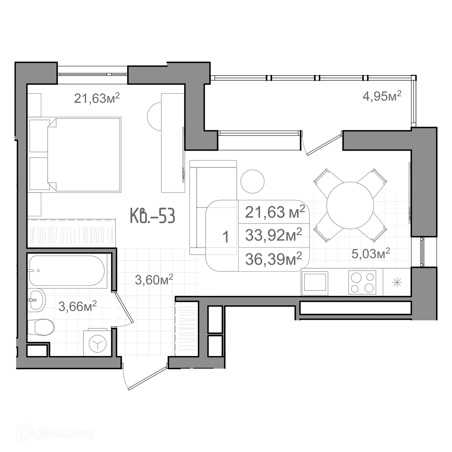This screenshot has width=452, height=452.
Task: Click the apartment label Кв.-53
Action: tap(153, 216)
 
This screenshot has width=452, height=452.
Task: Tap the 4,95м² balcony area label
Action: tap(382, 96)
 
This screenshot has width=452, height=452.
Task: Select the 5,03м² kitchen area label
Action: tap(371, 253)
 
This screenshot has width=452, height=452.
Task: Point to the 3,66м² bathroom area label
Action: tap(78, 306)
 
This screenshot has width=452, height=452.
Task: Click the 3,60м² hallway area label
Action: tap(154, 280)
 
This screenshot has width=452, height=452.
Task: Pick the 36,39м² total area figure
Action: tap(273, 259)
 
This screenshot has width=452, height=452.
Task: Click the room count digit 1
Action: tap(226, 237)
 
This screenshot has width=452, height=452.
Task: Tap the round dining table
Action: tap(350, 205)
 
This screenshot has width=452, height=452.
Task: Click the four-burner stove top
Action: tap(362, 282)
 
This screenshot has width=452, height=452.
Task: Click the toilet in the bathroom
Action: tap(41, 327)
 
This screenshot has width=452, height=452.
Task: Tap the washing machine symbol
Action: tap(97, 343)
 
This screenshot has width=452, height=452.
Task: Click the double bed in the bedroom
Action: tap(84, 155)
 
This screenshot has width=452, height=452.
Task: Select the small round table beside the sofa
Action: tap(253, 182)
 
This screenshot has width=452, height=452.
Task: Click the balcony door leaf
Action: tap(325, 145)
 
